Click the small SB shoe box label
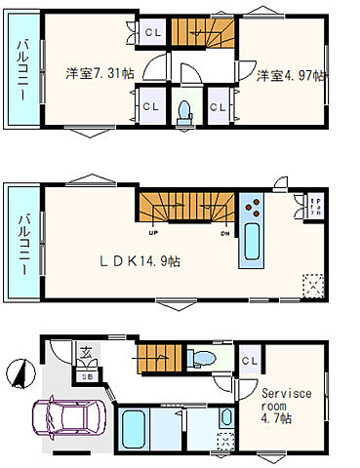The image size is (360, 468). pos(86,374)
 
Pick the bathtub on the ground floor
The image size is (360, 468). pos(136,430)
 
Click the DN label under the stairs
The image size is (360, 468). pos(224,234)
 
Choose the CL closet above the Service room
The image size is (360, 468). pos(249,362)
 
